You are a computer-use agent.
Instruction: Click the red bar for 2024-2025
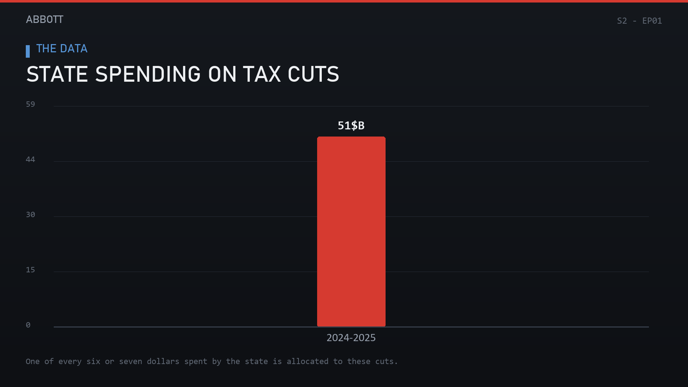pos(351,231)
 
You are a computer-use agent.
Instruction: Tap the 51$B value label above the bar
pos(351,126)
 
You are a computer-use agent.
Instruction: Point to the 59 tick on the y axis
pos(30,104)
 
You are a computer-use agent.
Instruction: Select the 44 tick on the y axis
pos(30,159)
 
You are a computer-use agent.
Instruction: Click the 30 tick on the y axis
pos(30,215)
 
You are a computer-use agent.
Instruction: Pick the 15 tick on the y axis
pos(30,270)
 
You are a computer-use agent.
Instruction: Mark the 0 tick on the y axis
pos(28,325)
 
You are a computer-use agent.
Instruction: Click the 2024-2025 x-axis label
pos(351,338)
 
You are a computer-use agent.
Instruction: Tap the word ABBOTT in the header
pos(44,19)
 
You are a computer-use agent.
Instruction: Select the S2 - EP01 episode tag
pos(639,21)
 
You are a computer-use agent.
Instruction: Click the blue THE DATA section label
pos(62,49)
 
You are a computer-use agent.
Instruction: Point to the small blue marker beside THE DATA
pos(28,51)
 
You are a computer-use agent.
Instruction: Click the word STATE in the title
pos(57,74)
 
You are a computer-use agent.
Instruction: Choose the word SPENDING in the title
pos(148,74)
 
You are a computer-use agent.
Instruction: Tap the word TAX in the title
pos(262,74)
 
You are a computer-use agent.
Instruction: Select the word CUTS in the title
pos(313,74)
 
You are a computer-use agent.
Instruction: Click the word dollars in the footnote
pos(163,362)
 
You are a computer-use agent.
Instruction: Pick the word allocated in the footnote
pos(307,362)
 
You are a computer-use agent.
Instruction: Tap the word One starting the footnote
pos(33,362)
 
